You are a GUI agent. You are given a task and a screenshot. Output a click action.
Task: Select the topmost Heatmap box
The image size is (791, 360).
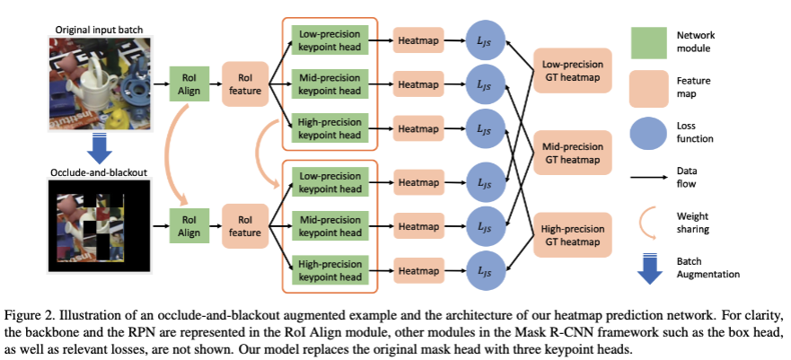click(418, 40)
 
